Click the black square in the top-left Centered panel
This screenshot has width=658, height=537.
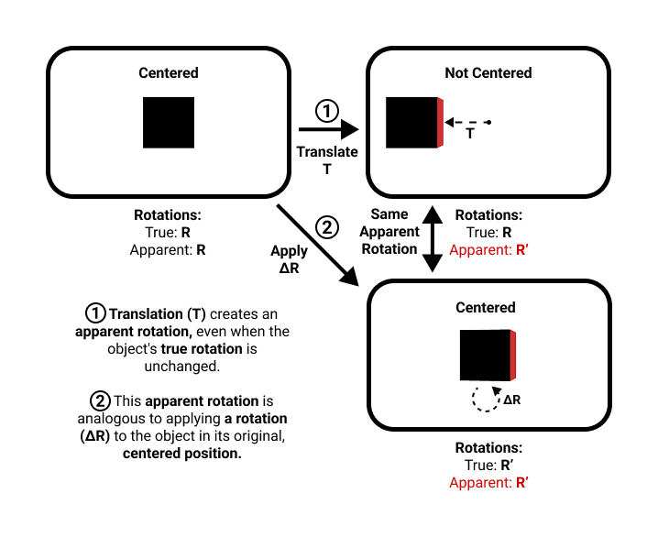click(x=169, y=122)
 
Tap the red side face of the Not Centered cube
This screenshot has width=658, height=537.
click(x=441, y=122)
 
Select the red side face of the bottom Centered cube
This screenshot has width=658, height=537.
click(x=514, y=356)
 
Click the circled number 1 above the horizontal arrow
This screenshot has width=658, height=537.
click(x=327, y=112)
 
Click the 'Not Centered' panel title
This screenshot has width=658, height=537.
click(x=488, y=73)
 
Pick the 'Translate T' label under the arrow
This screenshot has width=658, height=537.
click(x=327, y=159)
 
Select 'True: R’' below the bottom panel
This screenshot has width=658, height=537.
click(x=488, y=465)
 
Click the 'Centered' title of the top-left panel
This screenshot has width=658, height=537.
click(x=168, y=73)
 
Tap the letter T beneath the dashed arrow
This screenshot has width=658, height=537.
click(x=470, y=134)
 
